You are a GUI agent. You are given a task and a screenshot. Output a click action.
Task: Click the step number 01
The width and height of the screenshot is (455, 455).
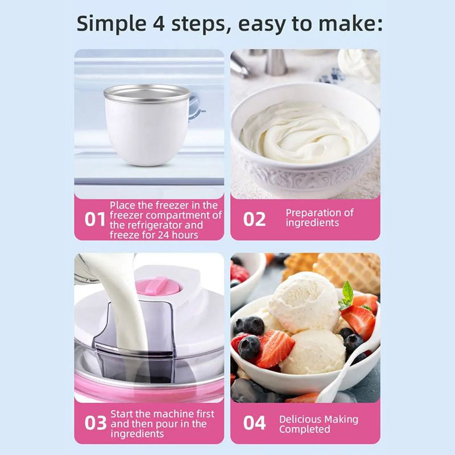[x=95, y=220]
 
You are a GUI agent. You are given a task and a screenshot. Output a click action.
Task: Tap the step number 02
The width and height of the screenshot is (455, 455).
[x=254, y=220]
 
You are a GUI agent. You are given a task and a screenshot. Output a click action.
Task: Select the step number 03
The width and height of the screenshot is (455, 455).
[x=96, y=423]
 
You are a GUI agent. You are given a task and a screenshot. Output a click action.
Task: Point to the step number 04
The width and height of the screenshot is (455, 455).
[x=254, y=423]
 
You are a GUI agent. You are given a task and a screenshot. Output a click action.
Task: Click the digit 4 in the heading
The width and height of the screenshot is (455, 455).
[x=159, y=23]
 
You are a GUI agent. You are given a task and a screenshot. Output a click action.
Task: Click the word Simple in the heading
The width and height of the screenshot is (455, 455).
[x=111, y=24]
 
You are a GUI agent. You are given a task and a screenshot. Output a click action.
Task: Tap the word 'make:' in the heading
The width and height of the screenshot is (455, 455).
[x=351, y=23]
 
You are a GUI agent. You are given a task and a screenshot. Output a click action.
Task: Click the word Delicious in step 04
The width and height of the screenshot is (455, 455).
[x=301, y=419]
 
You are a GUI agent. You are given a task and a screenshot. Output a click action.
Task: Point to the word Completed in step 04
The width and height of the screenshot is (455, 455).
[x=305, y=429]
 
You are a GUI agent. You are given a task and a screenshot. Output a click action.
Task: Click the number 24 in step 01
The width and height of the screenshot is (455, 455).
[x=164, y=235]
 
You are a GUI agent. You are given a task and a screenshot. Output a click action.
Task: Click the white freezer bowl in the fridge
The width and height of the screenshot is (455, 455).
[x=147, y=125]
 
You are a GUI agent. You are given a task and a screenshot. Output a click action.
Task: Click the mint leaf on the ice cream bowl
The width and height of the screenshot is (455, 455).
[x=347, y=295]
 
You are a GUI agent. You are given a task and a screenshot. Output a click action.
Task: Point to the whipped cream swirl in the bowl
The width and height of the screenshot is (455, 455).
[x=304, y=133]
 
